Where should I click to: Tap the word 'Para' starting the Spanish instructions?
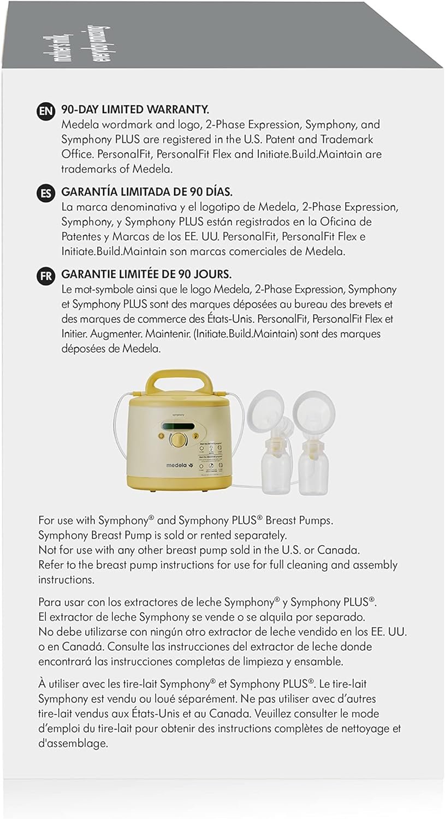tap(50, 603)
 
